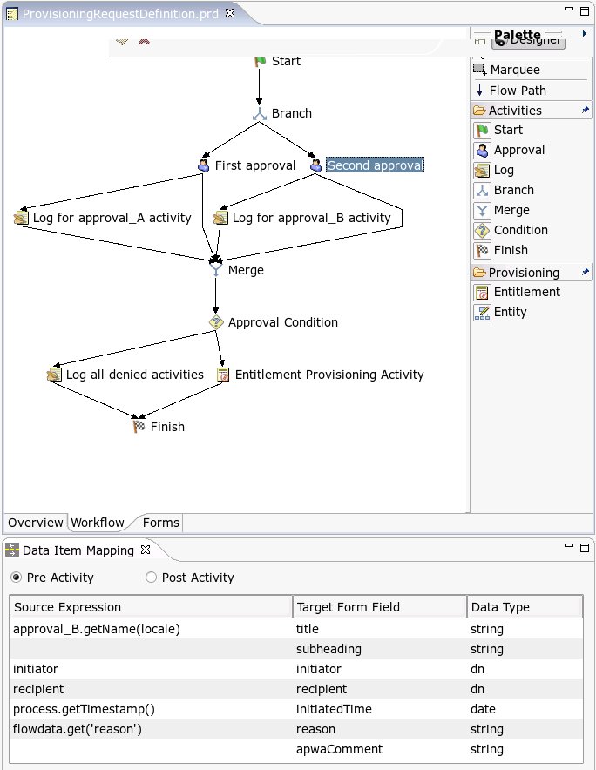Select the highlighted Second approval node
(375, 165)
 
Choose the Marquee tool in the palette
(514, 70)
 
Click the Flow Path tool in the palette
(517, 91)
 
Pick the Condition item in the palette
(520, 230)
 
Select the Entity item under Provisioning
(510, 312)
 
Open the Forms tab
(160, 523)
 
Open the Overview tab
(36, 523)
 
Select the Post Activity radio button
(152, 577)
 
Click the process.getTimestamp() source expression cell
(84, 709)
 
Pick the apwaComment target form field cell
(339, 749)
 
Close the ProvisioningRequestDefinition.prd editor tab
(230, 14)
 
